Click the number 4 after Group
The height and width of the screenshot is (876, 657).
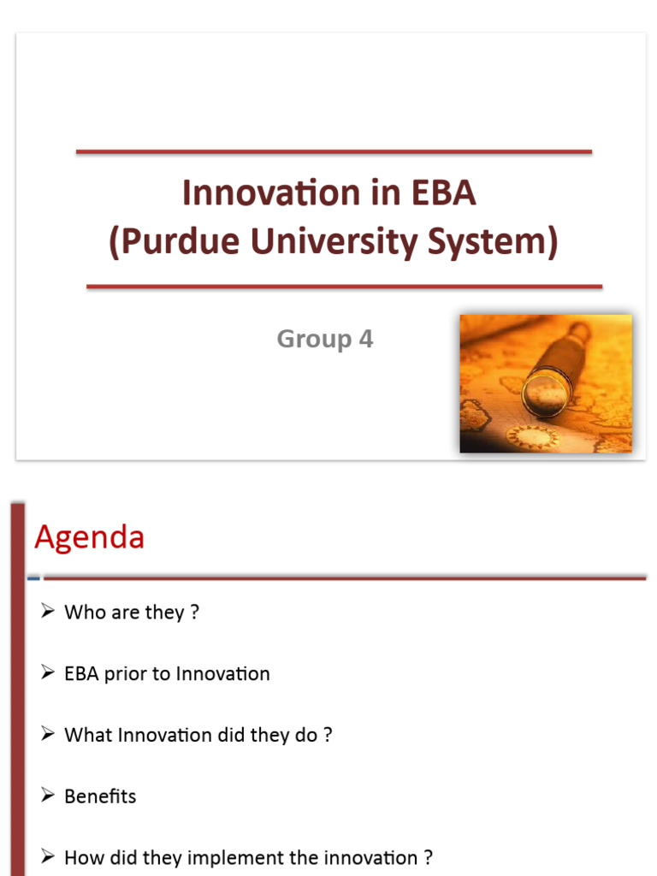click(366, 340)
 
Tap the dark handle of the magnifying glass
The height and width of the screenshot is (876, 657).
click(577, 339)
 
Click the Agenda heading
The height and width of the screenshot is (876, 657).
click(89, 538)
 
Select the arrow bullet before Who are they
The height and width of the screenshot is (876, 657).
click(48, 612)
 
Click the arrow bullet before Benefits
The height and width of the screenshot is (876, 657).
click(48, 796)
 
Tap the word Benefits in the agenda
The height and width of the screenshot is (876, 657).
click(100, 796)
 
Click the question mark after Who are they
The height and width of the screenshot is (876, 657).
click(195, 613)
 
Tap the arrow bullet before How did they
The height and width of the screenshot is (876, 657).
click(48, 856)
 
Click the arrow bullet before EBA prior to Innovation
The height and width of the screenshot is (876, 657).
click(48, 673)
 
